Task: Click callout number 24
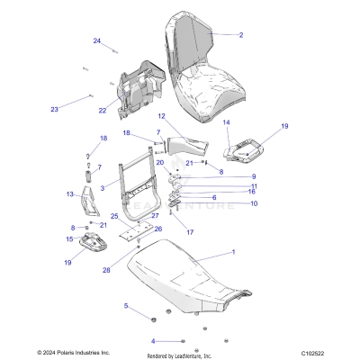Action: tap(97, 41)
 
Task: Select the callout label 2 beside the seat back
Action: tap(241, 35)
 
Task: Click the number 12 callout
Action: tap(162, 117)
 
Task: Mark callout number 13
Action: tap(70, 193)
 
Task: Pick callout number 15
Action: tap(69, 238)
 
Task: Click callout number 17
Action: tap(190, 232)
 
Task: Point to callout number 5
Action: tap(126, 306)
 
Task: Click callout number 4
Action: tap(153, 341)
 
